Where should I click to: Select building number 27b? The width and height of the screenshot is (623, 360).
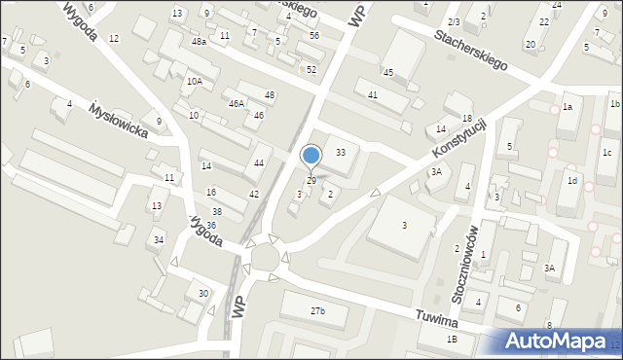317,311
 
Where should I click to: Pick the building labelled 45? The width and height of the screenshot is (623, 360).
387,73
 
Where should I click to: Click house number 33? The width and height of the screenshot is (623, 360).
341,153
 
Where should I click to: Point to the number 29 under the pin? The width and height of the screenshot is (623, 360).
311,181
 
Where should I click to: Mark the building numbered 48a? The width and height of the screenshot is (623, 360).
199,42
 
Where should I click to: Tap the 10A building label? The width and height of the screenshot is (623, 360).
195,81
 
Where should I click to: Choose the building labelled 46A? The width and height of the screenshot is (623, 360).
237,103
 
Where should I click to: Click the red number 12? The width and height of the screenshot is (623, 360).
114,38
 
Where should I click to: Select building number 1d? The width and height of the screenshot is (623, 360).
573,181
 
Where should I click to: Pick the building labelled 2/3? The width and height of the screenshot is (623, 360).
454,21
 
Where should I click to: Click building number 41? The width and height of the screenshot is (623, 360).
372,94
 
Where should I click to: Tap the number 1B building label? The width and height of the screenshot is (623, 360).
452,339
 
